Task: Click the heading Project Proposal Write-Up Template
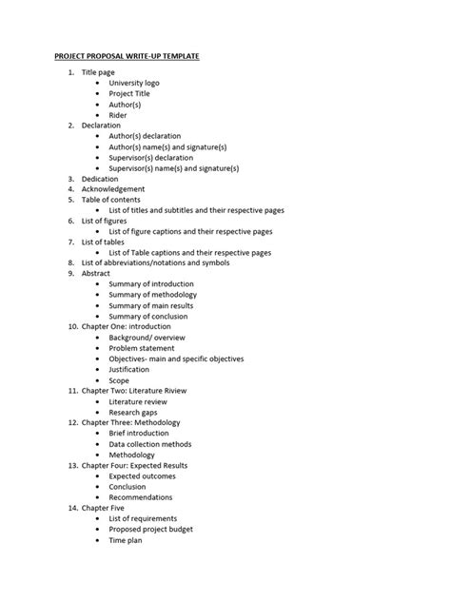coord(126,57)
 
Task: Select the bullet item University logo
coord(134,83)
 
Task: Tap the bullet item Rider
coord(118,115)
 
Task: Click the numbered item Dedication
coord(100,179)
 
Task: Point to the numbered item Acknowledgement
coord(113,189)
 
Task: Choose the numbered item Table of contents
coord(113,200)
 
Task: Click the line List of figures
coord(105,221)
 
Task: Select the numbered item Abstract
coord(96,273)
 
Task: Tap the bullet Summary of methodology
coord(153,295)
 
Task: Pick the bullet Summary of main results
coord(152,305)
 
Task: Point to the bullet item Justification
coord(130,369)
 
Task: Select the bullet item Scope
coord(119,380)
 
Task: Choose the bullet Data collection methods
coord(150,444)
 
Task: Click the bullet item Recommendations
coord(141,497)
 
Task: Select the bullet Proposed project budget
coord(157,529)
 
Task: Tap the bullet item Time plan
coord(125,539)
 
